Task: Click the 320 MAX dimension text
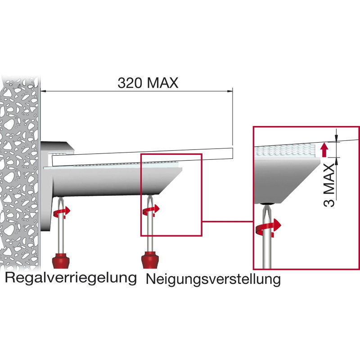(x=148, y=83)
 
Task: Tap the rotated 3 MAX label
(x=329, y=185)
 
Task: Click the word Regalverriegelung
(x=71, y=278)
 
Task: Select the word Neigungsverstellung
(x=213, y=279)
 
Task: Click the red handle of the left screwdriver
(x=61, y=261)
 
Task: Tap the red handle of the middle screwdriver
(x=150, y=260)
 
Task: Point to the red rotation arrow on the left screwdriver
(x=62, y=212)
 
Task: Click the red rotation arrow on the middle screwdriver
(x=151, y=210)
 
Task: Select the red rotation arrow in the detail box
(x=268, y=228)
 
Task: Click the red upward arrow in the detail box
(x=324, y=150)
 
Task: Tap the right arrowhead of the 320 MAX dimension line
(x=230, y=91)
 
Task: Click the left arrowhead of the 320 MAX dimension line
(x=44, y=91)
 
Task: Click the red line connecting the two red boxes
(x=228, y=221)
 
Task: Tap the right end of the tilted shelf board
(x=233, y=153)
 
